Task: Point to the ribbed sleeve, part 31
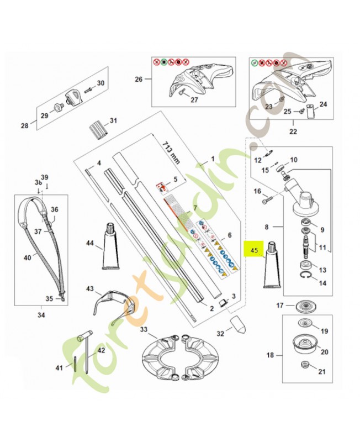click(x=97, y=131)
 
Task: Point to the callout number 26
click(x=138, y=79)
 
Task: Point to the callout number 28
click(x=24, y=126)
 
